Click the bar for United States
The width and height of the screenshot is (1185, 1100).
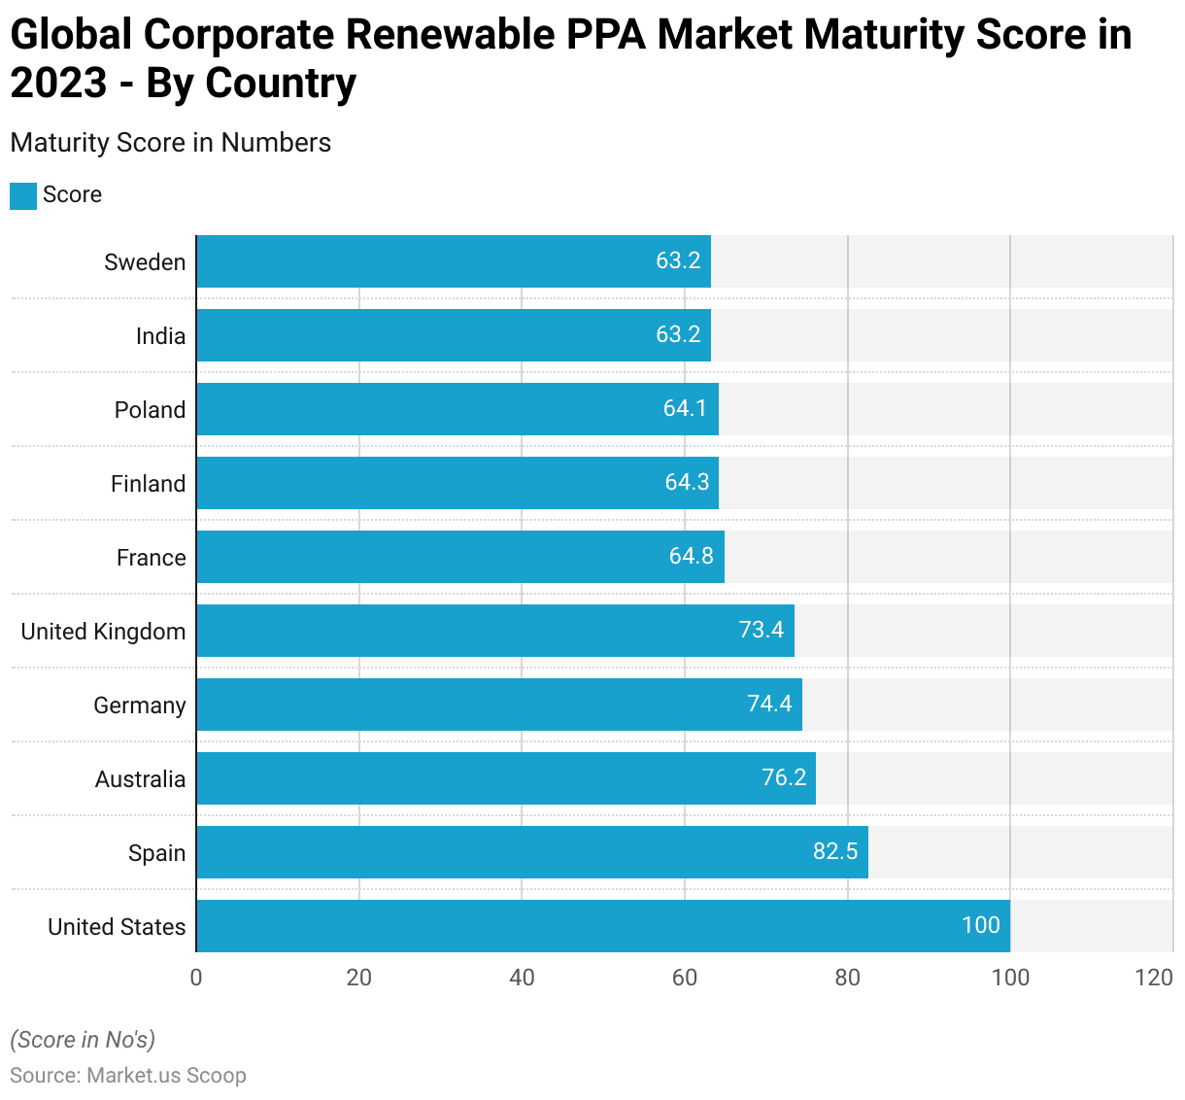[602, 926]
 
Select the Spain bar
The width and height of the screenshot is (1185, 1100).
[531, 852]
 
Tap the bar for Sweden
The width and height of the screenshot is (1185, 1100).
[453, 261]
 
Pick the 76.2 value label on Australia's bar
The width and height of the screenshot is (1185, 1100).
[784, 778]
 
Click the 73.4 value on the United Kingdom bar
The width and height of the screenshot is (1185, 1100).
[761, 631]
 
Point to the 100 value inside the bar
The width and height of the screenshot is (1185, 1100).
[980, 925]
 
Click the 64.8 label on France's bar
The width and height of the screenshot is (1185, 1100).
[691, 557]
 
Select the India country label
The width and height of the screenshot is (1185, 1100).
[160, 336]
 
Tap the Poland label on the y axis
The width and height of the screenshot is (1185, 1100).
[150, 410]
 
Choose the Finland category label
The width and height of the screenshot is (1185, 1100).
[148, 484]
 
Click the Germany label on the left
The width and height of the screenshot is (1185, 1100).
[139, 705]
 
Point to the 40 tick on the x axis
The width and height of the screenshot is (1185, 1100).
[522, 978]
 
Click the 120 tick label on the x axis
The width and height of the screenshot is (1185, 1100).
[1154, 978]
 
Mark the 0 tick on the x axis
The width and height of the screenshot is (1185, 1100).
[196, 978]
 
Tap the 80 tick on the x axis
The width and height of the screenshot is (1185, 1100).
[848, 978]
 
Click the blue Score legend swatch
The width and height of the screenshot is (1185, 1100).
[23, 195]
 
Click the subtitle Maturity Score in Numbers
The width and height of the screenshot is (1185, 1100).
[171, 143]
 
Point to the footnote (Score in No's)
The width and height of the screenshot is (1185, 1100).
[83, 1040]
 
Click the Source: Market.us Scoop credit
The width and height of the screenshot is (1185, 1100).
[128, 1076]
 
